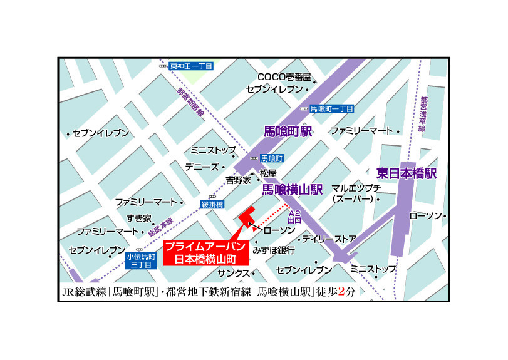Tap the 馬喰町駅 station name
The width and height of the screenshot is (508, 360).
pos(288,131)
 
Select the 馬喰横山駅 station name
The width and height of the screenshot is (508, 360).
pos(292,188)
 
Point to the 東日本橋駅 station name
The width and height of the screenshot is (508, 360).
pos(407,173)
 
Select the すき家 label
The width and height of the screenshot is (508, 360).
pos(139,218)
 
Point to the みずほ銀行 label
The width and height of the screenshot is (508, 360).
pos(274,250)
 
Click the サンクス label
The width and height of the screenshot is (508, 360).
pos(234,274)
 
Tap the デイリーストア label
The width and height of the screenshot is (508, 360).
pos(329,239)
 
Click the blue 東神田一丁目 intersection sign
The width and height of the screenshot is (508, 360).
pos(191,66)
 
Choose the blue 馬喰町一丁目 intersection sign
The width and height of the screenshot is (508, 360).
pos(332,108)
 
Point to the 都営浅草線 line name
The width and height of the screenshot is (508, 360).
pos(424,113)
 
